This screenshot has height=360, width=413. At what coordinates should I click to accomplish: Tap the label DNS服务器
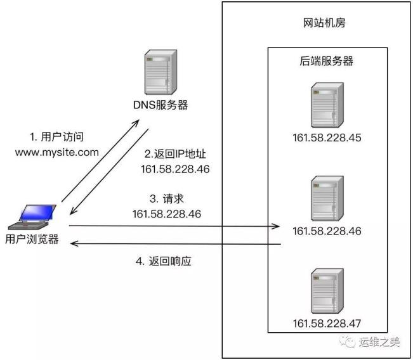[x=160, y=105]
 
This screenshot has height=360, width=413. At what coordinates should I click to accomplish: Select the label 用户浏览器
[x=32, y=239]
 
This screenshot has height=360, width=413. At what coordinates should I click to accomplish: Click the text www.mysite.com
[x=57, y=151]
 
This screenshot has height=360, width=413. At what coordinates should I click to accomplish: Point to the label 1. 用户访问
[x=57, y=137]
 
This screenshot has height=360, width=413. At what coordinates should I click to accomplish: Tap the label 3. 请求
[x=167, y=198]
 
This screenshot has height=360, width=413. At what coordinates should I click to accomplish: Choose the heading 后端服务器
[x=327, y=61]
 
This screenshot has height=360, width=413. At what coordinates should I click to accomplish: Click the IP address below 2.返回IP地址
[x=175, y=169]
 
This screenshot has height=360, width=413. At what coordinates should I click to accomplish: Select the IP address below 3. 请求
[x=167, y=214]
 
